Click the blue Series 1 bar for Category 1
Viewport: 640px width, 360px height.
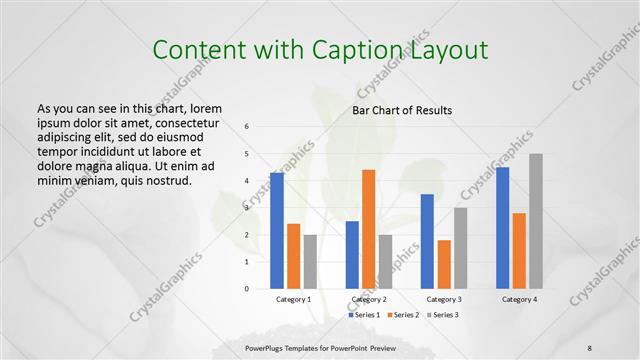[277, 230]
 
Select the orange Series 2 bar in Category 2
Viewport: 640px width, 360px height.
[369, 229]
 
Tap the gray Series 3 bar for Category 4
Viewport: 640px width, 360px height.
[536, 221]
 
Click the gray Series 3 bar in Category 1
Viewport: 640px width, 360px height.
[310, 261]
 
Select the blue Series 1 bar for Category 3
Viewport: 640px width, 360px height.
[427, 241]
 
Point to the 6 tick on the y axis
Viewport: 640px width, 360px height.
[246, 126]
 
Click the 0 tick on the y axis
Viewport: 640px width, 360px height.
[246, 289]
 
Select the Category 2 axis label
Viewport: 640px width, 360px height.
[369, 299]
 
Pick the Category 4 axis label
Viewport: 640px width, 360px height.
[519, 299]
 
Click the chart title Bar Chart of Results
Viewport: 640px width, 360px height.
[402, 109]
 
